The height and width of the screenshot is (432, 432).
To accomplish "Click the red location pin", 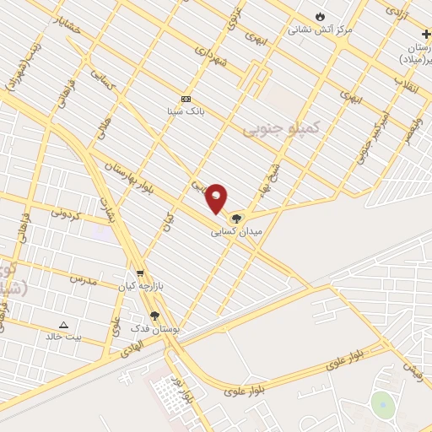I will click(x=217, y=197).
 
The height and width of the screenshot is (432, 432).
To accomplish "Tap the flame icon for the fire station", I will click(x=320, y=16).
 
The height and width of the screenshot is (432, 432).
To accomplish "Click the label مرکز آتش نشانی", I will click(x=320, y=29).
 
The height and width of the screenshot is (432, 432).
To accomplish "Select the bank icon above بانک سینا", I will click(x=186, y=99).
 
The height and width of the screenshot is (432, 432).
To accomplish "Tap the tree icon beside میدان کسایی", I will click(x=235, y=218).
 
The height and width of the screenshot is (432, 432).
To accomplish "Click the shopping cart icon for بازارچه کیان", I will click(x=140, y=273).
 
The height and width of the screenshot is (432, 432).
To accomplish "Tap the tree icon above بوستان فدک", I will click(x=154, y=316).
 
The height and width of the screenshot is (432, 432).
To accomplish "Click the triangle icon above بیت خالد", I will click(x=63, y=324).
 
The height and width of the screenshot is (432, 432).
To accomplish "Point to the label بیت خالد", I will click(x=64, y=336).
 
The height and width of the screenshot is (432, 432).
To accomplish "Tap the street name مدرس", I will click(x=84, y=279).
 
